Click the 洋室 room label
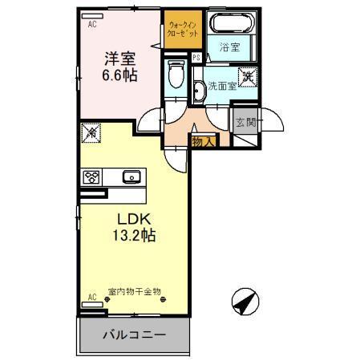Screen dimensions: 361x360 point(119,59)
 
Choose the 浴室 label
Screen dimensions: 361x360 point(229,47)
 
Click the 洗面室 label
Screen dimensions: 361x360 point(220,84)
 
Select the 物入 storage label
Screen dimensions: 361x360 point(202,141)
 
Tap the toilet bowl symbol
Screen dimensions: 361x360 point(177,75)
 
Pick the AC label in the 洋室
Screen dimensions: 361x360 point(92,25)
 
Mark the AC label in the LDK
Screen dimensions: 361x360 point(92,296)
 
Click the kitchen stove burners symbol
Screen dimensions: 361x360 point(91,176)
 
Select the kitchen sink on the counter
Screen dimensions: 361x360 point(131,176)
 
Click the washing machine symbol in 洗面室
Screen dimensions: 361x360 point(249,77)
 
